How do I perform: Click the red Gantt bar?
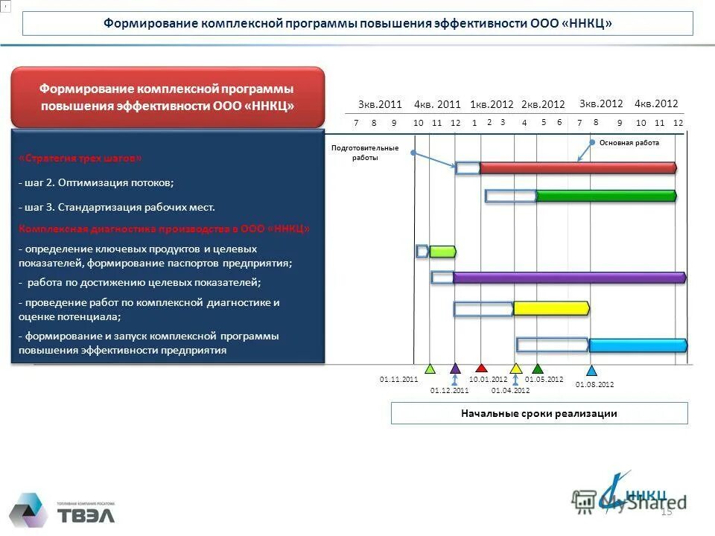tap(577, 168)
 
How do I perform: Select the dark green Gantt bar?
tap(606, 197)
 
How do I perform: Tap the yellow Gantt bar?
tap(551, 308)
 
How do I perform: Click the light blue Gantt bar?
tap(637, 345)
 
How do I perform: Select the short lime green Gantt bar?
tap(442, 252)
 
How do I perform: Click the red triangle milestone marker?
tap(481, 368)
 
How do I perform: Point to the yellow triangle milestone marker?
tap(515, 368)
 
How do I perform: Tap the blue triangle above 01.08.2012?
tap(592, 370)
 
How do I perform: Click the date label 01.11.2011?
tap(399, 380)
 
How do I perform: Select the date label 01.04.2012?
tap(510, 390)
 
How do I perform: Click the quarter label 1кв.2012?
tap(492, 105)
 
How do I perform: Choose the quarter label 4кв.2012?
tap(655, 104)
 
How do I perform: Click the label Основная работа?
tap(629, 142)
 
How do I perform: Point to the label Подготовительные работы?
tap(365, 153)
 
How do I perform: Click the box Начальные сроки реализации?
tap(539, 413)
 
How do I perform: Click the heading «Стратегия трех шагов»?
tap(80, 159)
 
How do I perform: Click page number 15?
tap(666, 511)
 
